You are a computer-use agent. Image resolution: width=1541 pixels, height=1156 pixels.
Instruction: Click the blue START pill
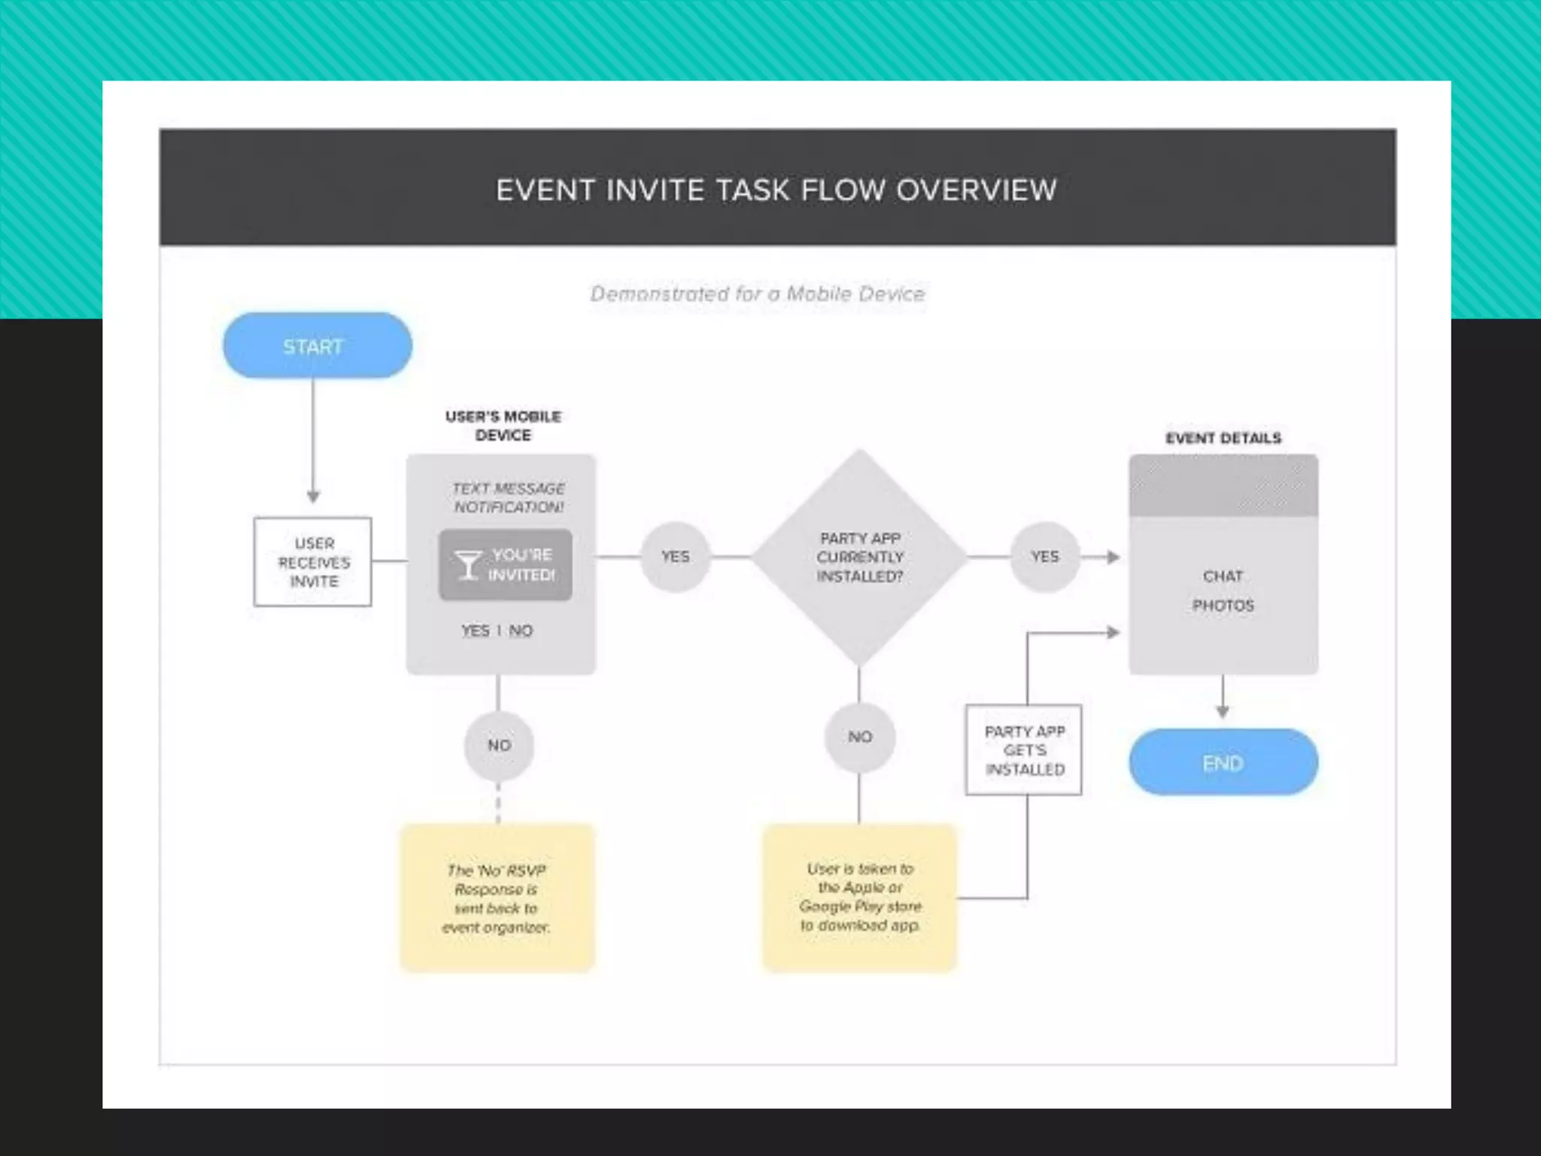[317, 345]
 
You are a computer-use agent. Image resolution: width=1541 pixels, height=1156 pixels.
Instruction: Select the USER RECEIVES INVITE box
[313, 561]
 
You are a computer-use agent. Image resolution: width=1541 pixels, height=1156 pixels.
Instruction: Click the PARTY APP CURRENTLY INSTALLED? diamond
[859, 558]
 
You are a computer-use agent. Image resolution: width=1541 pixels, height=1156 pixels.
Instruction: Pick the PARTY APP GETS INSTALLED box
[1023, 750]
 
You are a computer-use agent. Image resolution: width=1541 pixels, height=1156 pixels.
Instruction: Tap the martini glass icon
[467, 564]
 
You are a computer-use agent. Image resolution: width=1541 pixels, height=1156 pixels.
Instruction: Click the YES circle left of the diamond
[675, 557]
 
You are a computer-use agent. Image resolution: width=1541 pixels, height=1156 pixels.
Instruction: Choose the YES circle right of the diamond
[1044, 557]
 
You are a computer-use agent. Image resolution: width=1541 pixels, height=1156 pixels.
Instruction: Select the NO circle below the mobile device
[499, 745]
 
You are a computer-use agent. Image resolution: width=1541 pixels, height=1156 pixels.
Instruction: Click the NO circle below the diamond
[859, 737]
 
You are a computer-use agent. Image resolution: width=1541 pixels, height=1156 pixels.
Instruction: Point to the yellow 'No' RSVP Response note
[497, 898]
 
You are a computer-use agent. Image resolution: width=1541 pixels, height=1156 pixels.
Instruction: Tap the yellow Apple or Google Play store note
[859, 897]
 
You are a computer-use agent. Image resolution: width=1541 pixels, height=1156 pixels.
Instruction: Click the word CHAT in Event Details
[1223, 576]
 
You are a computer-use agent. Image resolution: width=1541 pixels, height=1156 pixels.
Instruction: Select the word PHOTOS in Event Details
[1223, 606]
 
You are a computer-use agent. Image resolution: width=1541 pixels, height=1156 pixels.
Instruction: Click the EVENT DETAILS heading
[1223, 438]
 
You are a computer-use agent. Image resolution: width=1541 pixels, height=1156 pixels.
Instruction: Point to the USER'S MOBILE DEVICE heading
[503, 426]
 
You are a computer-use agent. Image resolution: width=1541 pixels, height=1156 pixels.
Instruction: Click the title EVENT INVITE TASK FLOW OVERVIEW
[777, 190]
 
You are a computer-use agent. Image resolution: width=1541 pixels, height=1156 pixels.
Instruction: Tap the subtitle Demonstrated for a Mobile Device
[757, 294]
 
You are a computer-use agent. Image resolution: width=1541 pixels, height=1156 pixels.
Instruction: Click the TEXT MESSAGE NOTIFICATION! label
[509, 497]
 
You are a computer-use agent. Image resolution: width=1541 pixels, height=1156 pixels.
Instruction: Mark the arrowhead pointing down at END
[1223, 712]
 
